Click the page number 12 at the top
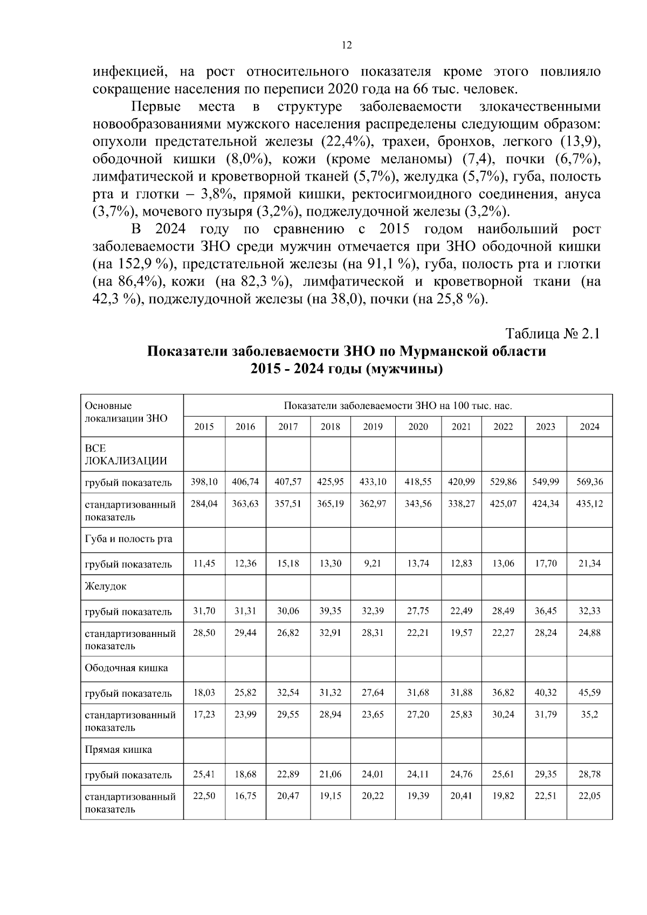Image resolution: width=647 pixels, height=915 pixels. click(347, 45)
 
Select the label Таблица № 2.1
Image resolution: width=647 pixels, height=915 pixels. click(552, 334)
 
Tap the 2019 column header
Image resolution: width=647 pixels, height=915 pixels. click(373, 427)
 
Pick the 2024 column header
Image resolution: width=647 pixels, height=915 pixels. click(589, 427)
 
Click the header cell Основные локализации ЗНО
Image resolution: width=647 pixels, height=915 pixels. click(126, 412)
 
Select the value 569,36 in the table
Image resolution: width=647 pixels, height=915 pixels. click(589, 482)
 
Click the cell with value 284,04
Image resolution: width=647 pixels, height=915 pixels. click(204, 504)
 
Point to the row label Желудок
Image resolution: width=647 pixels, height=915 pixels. click(106, 586)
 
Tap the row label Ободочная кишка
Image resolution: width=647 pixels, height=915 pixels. click(126, 668)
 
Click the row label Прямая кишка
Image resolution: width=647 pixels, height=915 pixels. click(118, 750)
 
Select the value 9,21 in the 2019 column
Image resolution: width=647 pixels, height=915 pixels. click(373, 564)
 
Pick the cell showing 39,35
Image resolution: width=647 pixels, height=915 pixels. click(331, 611)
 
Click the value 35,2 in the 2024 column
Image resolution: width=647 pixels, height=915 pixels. click(589, 715)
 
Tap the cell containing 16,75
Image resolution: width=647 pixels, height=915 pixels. click(245, 796)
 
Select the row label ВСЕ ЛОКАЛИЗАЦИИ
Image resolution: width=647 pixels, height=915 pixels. click(125, 454)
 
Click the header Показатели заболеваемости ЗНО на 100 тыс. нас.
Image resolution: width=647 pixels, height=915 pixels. click(397, 405)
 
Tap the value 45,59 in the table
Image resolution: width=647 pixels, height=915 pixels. click(589, 692)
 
